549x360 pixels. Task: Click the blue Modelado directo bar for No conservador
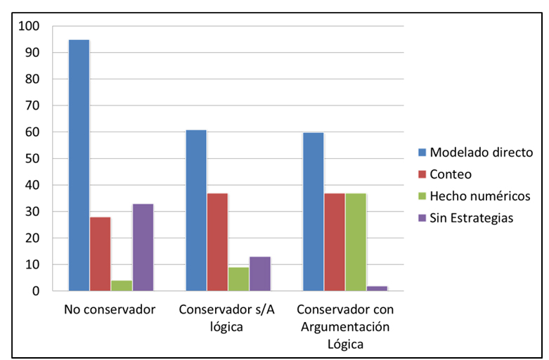79,165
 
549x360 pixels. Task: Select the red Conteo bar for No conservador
100,254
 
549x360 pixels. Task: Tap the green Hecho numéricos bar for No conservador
121,285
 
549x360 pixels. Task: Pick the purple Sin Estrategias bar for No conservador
143,247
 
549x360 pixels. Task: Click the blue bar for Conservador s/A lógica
196,210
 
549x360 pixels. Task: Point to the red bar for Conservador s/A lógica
217,242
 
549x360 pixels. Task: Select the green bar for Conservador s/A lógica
238,278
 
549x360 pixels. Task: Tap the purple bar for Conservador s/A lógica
260,274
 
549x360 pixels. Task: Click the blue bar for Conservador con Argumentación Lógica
313,212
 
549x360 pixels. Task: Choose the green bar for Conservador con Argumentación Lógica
356,242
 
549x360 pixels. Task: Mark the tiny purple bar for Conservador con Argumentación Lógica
377,288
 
